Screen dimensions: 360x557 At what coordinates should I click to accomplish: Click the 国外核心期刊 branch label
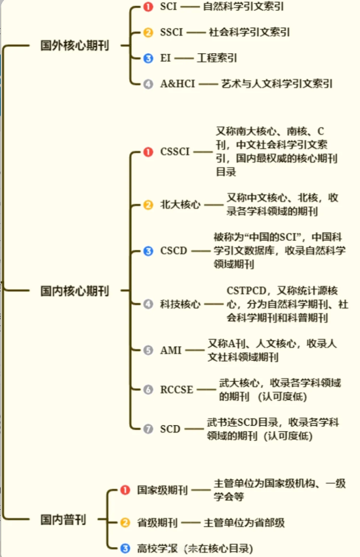tap(75, 45)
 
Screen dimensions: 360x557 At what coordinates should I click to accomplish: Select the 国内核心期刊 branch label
tap(75, 291)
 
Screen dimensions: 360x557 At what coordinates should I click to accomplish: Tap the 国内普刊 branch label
tap(63, 520)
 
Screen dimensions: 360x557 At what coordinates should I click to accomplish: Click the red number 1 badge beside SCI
tap(148, 7)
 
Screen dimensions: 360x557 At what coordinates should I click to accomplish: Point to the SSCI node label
tap(171, 32)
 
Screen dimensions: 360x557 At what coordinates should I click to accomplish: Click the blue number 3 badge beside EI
tap(148, 58)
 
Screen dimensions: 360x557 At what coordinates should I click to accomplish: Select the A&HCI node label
tap(178, 83)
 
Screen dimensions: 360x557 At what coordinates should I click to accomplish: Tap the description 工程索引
tap(217, 58)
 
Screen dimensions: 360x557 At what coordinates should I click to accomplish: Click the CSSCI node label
tap(174, 152)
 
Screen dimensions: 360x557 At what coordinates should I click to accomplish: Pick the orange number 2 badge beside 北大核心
tap(148, 205)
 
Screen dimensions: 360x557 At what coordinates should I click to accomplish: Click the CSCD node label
tap(174, 251)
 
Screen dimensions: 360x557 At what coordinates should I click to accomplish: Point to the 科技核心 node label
tap(180, 304)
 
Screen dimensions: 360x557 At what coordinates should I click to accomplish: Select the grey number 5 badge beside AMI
tap(148, 350)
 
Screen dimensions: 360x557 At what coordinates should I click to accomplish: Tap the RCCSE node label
tap(177, 390)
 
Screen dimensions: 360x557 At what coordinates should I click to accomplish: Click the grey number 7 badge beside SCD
tap(148, 429)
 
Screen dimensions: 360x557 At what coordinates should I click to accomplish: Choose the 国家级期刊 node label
tap(162, 490)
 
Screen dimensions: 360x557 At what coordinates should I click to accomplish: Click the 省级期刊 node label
tap(157, 522)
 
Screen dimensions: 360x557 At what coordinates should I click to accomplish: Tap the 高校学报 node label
tap(157, 548)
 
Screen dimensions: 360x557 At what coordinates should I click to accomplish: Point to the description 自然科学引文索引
tap(243, 7)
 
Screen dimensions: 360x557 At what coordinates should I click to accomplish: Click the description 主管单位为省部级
tap(244, 522)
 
